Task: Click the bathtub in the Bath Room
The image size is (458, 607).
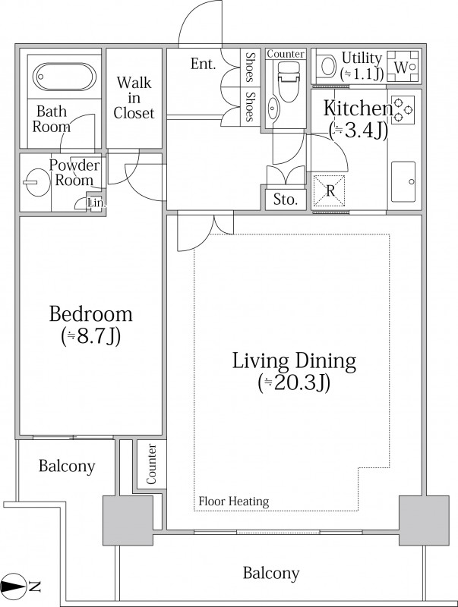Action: click(65, 77)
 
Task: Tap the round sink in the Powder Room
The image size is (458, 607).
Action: click(36, 182)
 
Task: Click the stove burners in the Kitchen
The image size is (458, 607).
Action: click(403, 109)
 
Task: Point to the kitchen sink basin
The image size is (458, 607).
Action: click(403, 181)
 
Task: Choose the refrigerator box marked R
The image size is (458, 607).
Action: click(329, 191)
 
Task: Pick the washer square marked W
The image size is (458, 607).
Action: click(403, 67)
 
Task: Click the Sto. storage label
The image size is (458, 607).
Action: click(285, 200)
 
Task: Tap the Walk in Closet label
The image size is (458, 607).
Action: click(134, 98)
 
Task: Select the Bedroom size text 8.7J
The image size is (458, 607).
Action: click(91, 336)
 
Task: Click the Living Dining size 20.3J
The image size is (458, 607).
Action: click(294, 383)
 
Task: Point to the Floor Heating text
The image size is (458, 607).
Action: click(234, 502)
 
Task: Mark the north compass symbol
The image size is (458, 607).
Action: click(14, 587)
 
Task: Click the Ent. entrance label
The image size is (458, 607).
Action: click(203, 64)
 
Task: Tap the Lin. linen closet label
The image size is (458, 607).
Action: click(96, 203)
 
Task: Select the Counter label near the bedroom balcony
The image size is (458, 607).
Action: click(151, 464)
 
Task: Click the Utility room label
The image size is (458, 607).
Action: click(362, 58)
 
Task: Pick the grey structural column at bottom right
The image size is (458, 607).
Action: click(424, 521)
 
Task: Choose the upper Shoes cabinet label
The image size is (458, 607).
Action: click(251, 67)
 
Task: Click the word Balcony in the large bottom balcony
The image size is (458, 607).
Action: click(271, 573)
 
